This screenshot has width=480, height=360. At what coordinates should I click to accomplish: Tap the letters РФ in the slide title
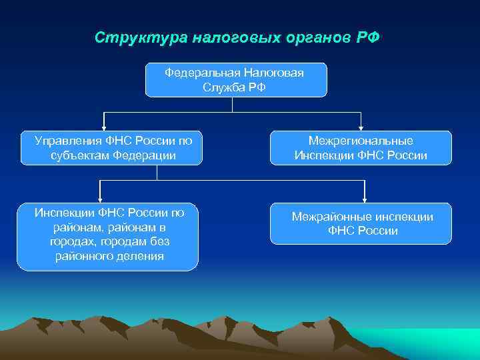click(x=368, y=37)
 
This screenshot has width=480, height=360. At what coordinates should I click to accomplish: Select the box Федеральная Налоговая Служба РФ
click(x=236, y=80)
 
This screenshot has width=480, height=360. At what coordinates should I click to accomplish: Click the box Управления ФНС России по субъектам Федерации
click(x=110, y=148)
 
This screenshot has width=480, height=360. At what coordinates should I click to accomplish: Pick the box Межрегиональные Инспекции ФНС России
click(x=361, y=148)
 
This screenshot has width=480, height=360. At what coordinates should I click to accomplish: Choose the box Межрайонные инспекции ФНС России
click(x=361, y=224)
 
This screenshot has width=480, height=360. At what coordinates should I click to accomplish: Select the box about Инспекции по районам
click(x=107, y=237)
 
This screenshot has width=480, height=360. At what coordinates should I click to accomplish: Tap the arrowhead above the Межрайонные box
click(x=365, y=197)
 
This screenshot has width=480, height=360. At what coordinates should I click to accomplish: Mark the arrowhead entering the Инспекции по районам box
click(x=100, y=197)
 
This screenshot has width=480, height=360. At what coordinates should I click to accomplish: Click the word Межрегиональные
click(x=361, y=141)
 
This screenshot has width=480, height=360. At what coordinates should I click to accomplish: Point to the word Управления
click(x=69, y=141)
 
